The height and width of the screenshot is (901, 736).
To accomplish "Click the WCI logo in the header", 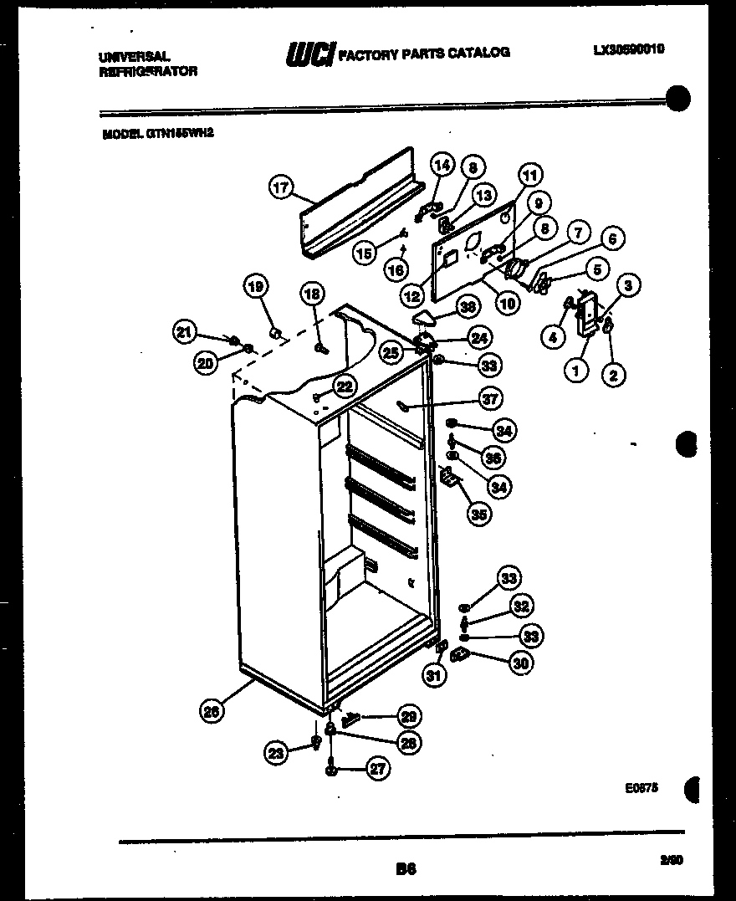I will click(x=310, y=54).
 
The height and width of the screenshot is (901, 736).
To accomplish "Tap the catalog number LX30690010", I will click(x=629, y=49).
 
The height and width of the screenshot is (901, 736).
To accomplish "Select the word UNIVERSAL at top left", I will click(x=135, y=57).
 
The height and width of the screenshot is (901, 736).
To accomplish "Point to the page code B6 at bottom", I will click(x=406, y=869).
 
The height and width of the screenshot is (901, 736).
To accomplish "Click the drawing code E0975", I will click(x=641, y=787).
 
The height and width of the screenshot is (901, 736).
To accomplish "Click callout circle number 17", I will click(x=282, y=187).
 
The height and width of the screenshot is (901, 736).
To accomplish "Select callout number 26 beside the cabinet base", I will click(x=212, y=711).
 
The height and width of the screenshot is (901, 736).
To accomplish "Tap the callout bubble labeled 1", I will click(x=576, y=368).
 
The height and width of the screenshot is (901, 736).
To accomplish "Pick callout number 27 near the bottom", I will click(x=378, y=769).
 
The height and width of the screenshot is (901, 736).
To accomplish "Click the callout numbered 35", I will click(x=478, y=514).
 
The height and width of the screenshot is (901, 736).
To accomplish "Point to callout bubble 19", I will click(x=256, y=287).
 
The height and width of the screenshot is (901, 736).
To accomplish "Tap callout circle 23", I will click(x=277, y=753).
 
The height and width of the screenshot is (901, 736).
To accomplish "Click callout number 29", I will click(x=408, y=716).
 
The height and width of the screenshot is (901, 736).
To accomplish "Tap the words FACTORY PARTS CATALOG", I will click(x=424, y=53).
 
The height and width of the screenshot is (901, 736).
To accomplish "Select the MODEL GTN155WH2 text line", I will click(x=151, y=132).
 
